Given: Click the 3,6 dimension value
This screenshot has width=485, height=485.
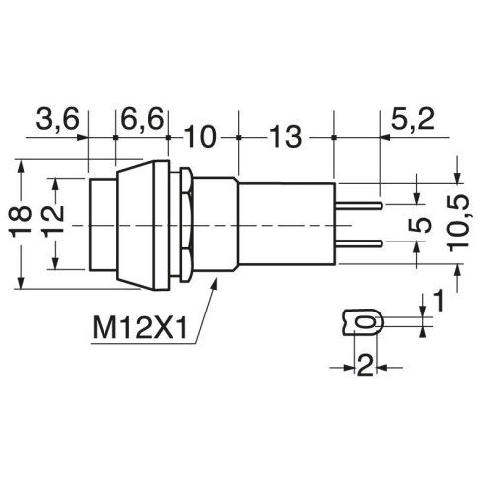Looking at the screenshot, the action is [58, 119].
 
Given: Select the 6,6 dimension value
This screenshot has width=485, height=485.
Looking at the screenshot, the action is [142, 119].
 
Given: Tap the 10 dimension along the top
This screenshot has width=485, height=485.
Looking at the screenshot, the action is [200, 137].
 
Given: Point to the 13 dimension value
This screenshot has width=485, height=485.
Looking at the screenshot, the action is [285, 137].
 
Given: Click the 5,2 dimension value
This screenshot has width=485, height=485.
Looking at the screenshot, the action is [413, 119].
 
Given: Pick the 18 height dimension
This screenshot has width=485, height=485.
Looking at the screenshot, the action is [20, 221].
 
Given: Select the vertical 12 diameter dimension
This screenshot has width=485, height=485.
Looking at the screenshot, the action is [52, 221].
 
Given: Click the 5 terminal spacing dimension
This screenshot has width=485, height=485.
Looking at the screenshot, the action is [420, 225].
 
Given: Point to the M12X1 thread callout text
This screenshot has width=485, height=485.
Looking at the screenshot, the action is [140, 327].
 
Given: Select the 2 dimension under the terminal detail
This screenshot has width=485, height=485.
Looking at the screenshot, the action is [365, 366].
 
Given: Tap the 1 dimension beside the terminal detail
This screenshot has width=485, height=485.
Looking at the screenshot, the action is [438, 301].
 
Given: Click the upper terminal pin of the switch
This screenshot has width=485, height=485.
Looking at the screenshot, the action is [359, 206].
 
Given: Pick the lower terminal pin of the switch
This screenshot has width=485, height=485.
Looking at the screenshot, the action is [359, 243].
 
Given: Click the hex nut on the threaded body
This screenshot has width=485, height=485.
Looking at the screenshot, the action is [186, 224].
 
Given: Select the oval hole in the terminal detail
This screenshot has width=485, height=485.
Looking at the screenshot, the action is [367, 322].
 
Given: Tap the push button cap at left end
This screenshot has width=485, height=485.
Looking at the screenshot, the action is [103, 225].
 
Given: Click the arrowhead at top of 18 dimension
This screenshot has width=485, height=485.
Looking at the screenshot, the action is [21, 166].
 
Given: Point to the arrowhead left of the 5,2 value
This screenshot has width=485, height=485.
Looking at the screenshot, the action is [385, 137].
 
